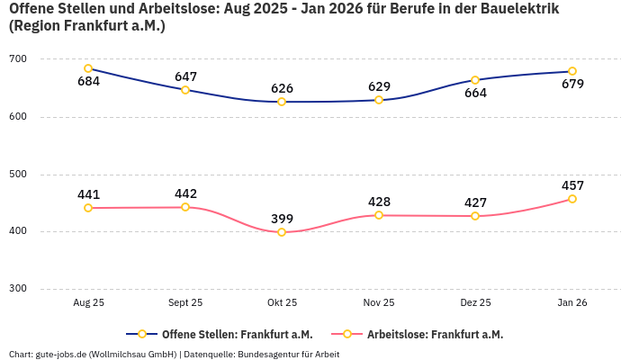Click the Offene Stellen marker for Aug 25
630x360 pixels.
click(88, 68)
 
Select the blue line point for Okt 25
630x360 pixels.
click(282, 102)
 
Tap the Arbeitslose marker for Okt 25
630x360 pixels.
click(282, 232)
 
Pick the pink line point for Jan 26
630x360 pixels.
click(572, 199)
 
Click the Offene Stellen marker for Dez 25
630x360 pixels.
click(475, 80)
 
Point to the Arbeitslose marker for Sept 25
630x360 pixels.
click(185, 207)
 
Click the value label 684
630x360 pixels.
click(88, 82)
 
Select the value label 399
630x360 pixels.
click(282, 219)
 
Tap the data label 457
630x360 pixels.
click(572, 185)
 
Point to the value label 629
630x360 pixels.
click(379, 86)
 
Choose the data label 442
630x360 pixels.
click(185, 193)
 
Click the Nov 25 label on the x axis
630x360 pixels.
click(379, 303)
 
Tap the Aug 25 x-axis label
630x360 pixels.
click(88, 303)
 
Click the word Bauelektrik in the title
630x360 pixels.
click(516, 9)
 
